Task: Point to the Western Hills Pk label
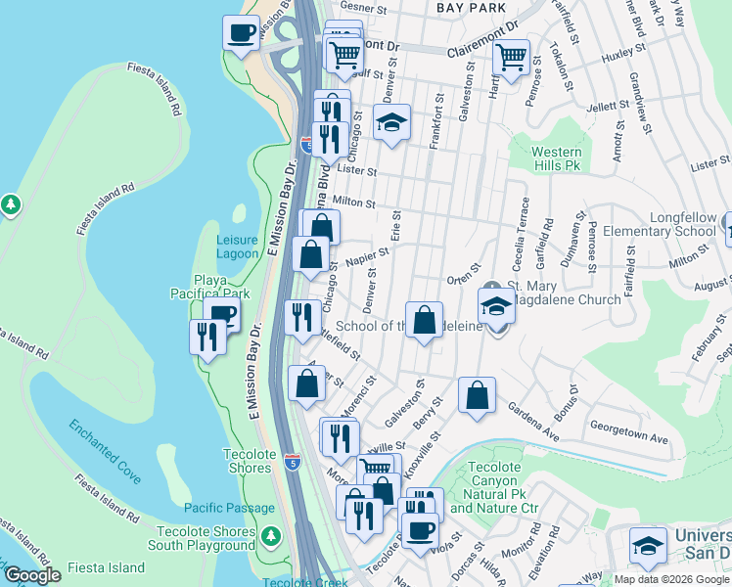point(557,159)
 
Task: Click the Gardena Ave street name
point(531,422)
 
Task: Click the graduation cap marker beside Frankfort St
point(391,123)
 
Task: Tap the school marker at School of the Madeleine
point(496,306)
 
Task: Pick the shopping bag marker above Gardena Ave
point(477,395)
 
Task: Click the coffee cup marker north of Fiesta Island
point(241,33)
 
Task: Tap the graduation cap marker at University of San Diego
point(648,545)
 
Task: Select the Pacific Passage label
point(229,508)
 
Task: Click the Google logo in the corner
point(33,575)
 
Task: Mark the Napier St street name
point(367,256)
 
